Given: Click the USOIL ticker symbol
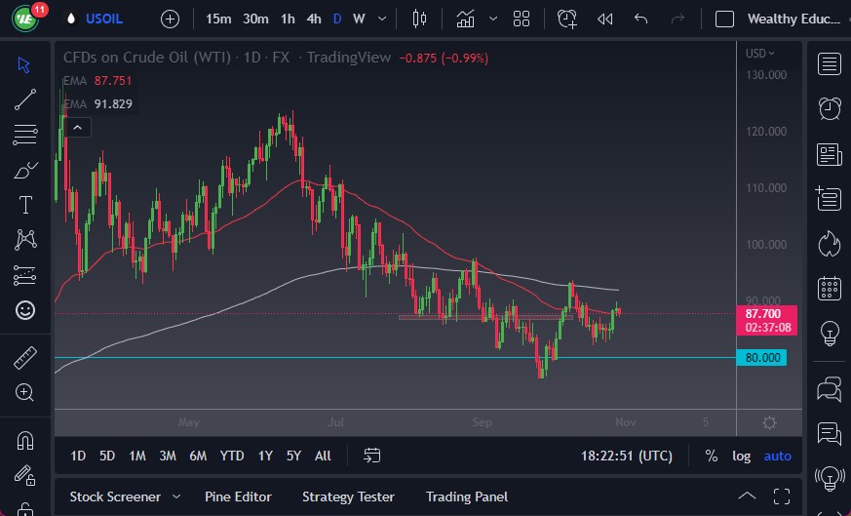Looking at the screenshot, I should point(105,19).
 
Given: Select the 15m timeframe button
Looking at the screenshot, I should point(218,19).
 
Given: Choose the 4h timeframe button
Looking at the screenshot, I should point(313,19).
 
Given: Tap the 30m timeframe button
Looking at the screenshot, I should point(255,19).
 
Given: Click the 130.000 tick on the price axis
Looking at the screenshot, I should point(766,75).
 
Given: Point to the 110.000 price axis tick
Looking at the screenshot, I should point(766,188).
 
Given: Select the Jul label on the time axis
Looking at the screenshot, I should point(336,422).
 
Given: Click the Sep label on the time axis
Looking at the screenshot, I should point(483,422).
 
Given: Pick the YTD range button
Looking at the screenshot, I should point(232,456).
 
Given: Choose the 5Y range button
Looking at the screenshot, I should point(293,456).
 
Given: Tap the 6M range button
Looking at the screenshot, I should point(198,456).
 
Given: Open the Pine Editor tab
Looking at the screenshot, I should point(238,496).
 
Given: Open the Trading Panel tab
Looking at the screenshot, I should point(466,496).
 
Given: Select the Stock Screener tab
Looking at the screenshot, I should point(114,496).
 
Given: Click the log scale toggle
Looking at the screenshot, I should point(742,456).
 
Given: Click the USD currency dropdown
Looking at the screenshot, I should point(760,54).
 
